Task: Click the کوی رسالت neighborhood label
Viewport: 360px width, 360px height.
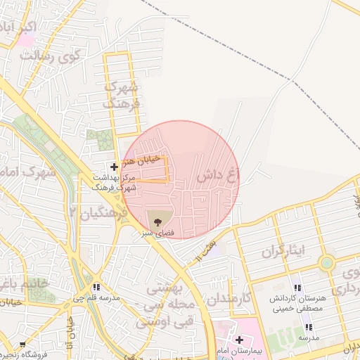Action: pyautogui.click(x=49, y=57)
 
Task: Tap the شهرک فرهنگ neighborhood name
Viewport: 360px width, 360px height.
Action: pyautogui.click(x=123, y=94)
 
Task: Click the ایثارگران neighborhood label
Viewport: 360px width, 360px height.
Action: pyautogui.click(x=286, y=252)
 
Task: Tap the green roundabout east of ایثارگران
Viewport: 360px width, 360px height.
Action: pyautogui.click(x=326, y=264)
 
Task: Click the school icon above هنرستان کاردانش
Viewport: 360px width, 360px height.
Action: pyautogui.click(x=297, y=287)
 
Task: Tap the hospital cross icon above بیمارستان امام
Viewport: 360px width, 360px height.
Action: pyautogui.click(x=239, y=340)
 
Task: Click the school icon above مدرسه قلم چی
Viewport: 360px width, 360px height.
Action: pyautogui.click(x=96, y=287)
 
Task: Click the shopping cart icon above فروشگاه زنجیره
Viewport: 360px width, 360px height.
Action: pyautogui.click(x=22, y=345)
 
